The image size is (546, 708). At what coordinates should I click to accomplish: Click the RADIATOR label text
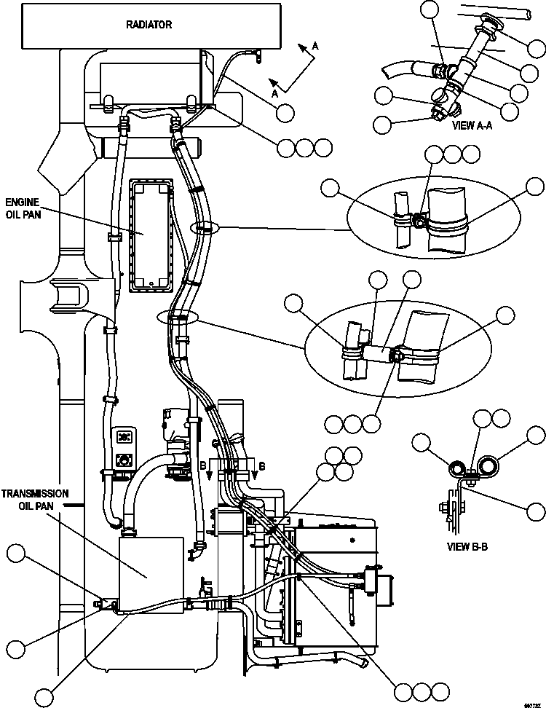click(149, 24)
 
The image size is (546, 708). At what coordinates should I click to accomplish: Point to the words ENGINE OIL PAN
click(22, 208)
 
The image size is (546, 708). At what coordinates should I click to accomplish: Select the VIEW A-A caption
click(473, 125)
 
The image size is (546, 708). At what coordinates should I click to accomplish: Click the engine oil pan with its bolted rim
click(151, 235)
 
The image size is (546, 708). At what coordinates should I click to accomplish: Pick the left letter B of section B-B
click(204, 464)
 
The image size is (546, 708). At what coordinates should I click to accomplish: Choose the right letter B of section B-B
click(262, 464)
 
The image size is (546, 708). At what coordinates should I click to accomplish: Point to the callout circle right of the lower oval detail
click(505, 315)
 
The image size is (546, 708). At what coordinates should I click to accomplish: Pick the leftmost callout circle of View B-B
click(421, 441)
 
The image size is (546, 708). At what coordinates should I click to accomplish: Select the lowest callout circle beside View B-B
click(535, 511)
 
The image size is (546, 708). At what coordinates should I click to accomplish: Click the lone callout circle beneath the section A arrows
click(285, 112)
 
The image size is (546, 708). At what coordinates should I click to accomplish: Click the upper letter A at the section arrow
click(314, 46)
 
